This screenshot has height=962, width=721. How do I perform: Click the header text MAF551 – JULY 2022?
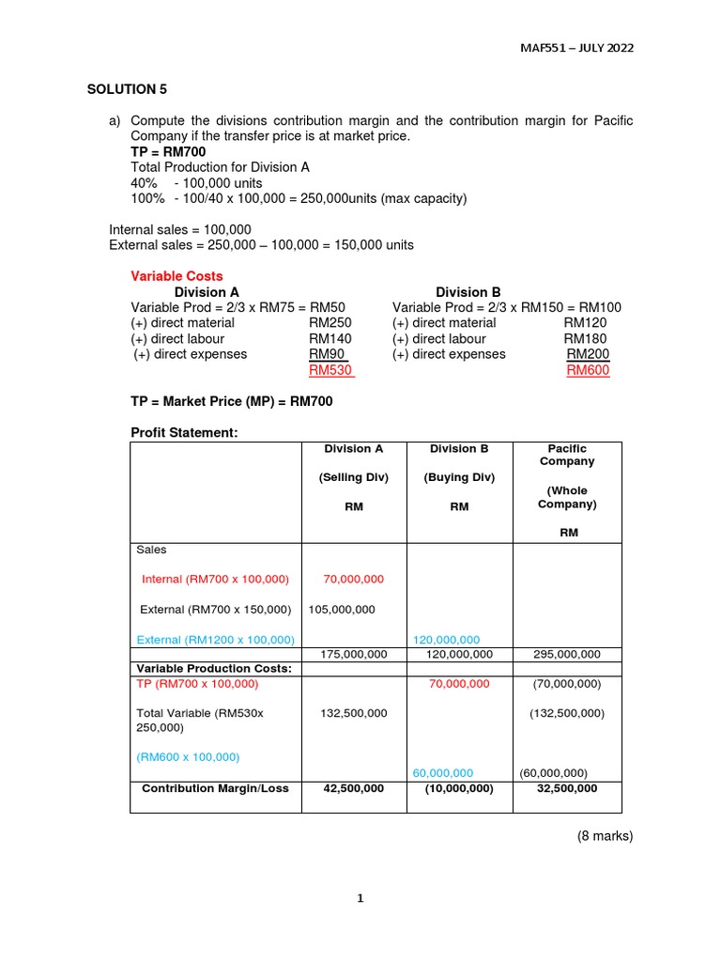coord(575,48)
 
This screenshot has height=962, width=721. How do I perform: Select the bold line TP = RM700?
coord(168,151)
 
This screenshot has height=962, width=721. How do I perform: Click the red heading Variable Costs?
coord(176,276)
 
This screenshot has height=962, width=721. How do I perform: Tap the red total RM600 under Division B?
coord(588,371)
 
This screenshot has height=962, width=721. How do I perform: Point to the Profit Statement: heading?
coord(184,432)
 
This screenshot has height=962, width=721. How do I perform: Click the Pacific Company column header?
coord(567,455)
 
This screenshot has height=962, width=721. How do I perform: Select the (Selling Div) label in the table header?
coord(354,477)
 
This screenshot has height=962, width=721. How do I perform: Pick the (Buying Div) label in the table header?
coord(459,477)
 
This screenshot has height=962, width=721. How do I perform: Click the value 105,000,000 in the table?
coord(342,609)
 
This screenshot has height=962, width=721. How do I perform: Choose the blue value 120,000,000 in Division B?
coord(447,640)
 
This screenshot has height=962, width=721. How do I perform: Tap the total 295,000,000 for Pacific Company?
coord(567,654)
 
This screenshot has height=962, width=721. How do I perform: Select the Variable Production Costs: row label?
coord(210,668)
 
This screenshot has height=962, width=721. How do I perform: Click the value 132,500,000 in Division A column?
coord(354,713)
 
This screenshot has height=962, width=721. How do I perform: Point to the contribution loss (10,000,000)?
coord(459,788)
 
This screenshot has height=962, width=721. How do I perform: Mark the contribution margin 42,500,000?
coord(354,788)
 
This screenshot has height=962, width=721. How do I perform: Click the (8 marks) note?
coord(606,835)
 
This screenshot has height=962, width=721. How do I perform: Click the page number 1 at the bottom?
coord(360,898)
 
